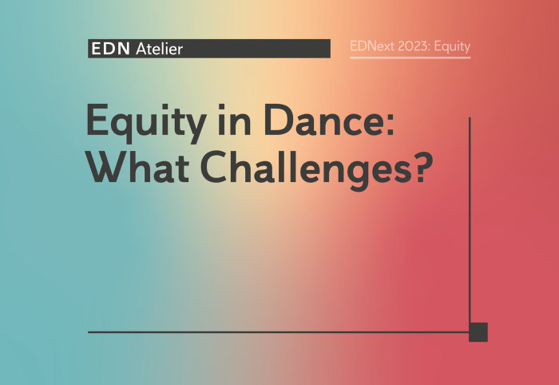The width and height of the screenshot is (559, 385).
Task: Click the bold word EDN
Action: pyautogui.click(x=110, y=49)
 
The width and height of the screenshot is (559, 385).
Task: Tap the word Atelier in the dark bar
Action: pyautogui.click(x=160, y=49)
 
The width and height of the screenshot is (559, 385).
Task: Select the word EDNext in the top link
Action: pyautogui.click(x=372, y=46)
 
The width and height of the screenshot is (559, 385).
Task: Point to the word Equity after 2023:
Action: pyautogui.click(x=453, y=46)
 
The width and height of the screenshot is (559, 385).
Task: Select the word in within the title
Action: pyautogui.click(x=234, y=120)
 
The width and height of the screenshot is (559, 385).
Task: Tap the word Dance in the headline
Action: pyautogui.click(x=323, y=120)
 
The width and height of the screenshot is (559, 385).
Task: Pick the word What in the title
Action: pyautogui.click(x=138, y=166)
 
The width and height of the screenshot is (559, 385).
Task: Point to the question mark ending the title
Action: pyautogui.click(x=424, y=166)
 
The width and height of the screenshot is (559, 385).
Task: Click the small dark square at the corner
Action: pyautogui.click(x=478, y=332)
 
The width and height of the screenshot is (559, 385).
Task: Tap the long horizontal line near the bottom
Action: pyautogui.click(x=279, y=332)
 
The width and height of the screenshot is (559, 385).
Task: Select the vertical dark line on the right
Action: pyautogui.click(x=470, y=220)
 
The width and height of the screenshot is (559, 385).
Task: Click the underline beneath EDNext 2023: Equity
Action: pyautogui.click(x=410, y=57)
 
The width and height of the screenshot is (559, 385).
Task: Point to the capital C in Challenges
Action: pyautogui.click(x=215, y=166)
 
